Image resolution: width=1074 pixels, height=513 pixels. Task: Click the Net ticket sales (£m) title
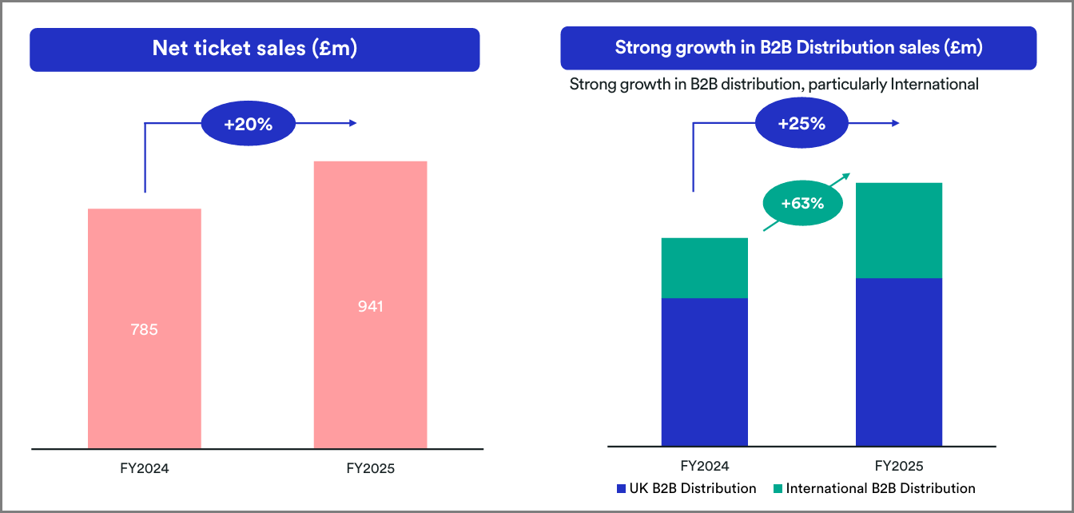(x=254, y=49)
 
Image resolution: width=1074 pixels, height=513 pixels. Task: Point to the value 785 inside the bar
(x=144, y=328)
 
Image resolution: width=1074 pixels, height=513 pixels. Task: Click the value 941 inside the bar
(x=370, y=306)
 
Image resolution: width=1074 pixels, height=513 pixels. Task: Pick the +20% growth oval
(x=248, y=124)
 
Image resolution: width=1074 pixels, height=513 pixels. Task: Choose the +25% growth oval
(x=801, y=124)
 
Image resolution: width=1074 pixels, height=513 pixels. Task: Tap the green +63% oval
(x=802, y=203)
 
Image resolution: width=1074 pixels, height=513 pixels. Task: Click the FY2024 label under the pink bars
(x=145, y=469)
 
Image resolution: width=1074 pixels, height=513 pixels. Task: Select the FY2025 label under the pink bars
(x=370, y=469)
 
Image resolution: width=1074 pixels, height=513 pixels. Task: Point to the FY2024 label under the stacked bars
(x=705, y=466)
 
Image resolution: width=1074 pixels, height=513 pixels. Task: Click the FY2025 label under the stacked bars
(x=899, y=466)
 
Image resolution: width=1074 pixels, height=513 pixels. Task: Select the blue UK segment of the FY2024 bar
(x=705, y=372)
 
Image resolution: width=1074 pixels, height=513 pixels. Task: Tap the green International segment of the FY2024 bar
(x=705, y=268)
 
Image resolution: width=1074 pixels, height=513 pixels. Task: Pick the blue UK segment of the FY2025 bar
(x=899, y=361)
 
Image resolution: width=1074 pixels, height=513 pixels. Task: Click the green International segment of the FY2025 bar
(x=899, y=230)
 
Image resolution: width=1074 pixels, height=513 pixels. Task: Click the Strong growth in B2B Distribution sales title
(x=798, y=48)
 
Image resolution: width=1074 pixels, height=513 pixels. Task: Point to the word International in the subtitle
(x=933, y=84)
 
